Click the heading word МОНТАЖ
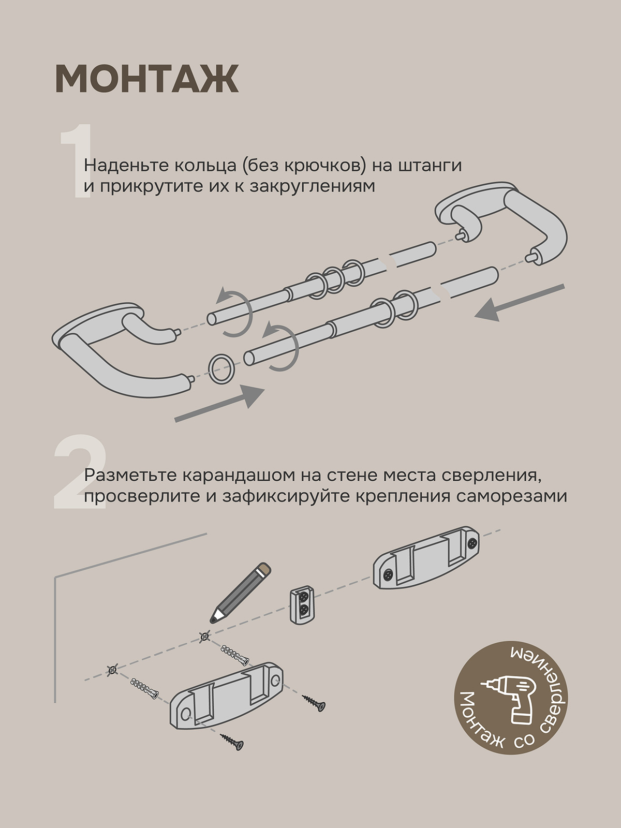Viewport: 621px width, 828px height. click(146, 79)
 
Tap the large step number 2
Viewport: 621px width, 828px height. click(80, 471)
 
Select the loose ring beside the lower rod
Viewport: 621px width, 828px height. click(221, 369)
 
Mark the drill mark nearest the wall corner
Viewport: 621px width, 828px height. click(112, 670)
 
